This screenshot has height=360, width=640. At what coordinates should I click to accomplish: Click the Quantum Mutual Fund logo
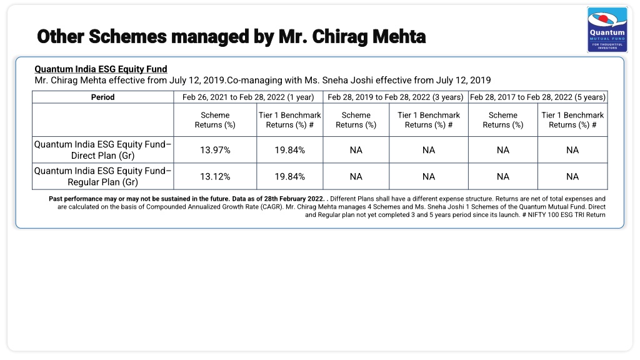tap(607, 30)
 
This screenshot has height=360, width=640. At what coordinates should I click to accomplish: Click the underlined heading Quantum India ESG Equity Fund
tap(101, 69)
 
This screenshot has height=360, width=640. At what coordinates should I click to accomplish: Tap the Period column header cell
tap(103, 97)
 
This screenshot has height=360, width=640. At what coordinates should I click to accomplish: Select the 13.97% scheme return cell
tap(215, 150)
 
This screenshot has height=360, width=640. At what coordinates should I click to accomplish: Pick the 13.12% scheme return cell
tap(215, 176)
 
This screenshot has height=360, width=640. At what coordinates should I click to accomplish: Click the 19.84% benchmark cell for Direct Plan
tap(290, 150)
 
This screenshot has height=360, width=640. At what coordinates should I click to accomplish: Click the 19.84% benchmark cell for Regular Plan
tap(290, 176)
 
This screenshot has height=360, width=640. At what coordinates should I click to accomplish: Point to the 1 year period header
tap(248, 97)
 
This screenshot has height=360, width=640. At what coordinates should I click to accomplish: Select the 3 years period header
tap(396, 97)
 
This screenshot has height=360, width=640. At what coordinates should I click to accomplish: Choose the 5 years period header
tap(538, 97)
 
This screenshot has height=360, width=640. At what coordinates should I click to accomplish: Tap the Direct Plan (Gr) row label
tap(103, 150)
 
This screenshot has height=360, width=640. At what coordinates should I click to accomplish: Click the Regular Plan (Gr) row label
tap(103, 176)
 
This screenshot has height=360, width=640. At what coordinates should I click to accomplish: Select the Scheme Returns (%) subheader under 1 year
tap(215, 120)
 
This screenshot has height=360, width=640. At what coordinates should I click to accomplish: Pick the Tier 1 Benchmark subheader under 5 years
tap(572, 120)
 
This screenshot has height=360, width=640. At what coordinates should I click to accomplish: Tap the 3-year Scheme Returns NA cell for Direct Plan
tap(356, 150)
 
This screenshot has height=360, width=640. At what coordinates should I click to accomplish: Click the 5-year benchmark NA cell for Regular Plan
tap(572, 176)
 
